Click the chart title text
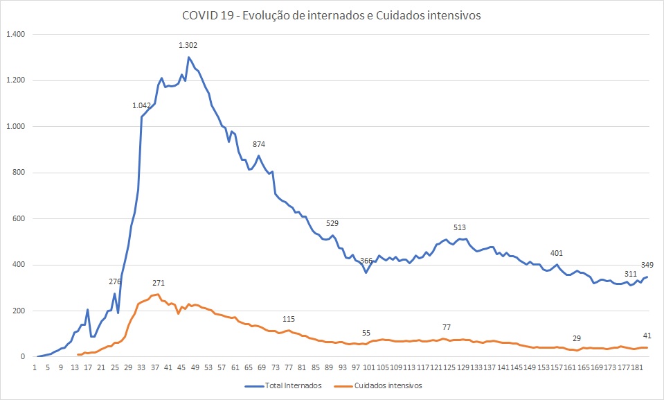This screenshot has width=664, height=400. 332,16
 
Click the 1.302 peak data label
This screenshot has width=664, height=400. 188,46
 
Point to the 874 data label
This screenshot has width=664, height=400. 259,144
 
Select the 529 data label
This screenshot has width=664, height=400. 332,223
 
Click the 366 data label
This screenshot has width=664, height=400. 366,261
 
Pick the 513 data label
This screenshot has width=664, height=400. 460,227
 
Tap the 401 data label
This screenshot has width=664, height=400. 557,253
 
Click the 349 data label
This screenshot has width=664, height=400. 647,265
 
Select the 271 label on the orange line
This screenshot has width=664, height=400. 159,283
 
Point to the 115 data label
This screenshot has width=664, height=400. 289,319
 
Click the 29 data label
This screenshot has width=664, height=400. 577,338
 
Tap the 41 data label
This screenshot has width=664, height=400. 647,336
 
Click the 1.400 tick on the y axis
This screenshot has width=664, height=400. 15,34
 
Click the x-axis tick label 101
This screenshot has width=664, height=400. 370,367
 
